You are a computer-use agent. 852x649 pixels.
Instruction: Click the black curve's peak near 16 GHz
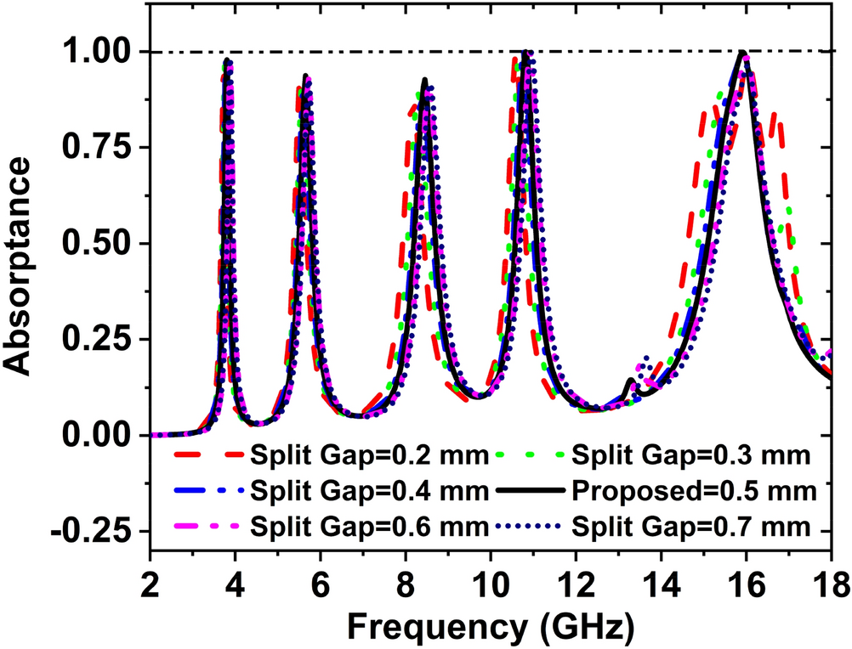coord(743,53)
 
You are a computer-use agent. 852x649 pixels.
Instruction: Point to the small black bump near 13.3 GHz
coord(630,380)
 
